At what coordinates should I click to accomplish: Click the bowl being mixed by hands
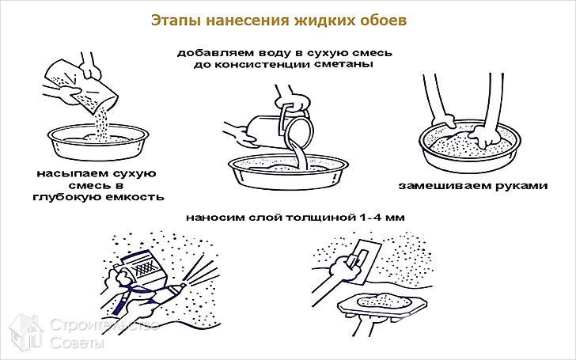(467, 146)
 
